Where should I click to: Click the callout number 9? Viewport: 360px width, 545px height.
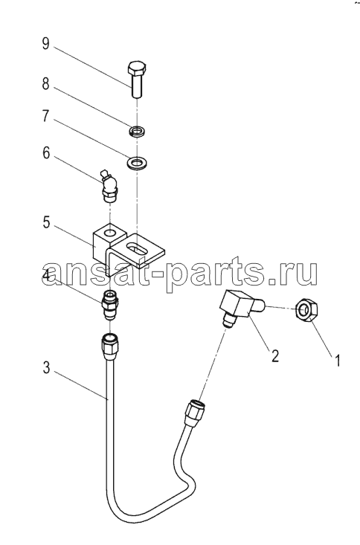click(x=45, y=44)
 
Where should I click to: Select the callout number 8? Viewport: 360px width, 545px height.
click(x=45, y=84)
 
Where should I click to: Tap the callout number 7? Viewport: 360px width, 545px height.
click(x=45, y=116)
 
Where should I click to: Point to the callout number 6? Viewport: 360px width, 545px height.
click(x=46, y=153)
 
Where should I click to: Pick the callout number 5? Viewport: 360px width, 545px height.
click(x=47, y=222)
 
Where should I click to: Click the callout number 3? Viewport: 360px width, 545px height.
click(x=46, y=367)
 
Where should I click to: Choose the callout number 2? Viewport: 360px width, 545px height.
click(x=275, y=355)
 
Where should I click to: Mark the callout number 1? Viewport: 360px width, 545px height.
click(x=337, y=360)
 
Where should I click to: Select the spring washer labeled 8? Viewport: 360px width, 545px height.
click(x=137, y=132)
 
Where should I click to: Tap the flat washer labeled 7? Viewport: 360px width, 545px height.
click(x=137, y=162)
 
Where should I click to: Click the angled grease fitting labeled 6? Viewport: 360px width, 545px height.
click(x=109, y=187)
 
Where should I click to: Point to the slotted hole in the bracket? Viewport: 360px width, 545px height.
click(x=137, y=248)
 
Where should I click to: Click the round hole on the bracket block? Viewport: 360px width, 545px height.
click(x=110, y=232)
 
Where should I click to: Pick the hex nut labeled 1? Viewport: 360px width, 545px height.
click(x=306, y=309)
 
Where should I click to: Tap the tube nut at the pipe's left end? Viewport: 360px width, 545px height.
click(x=109, y=345)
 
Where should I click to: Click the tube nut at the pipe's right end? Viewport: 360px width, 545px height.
click(x=196, y=412)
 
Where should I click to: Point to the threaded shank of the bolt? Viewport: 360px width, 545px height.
click(x=137, y=86)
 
